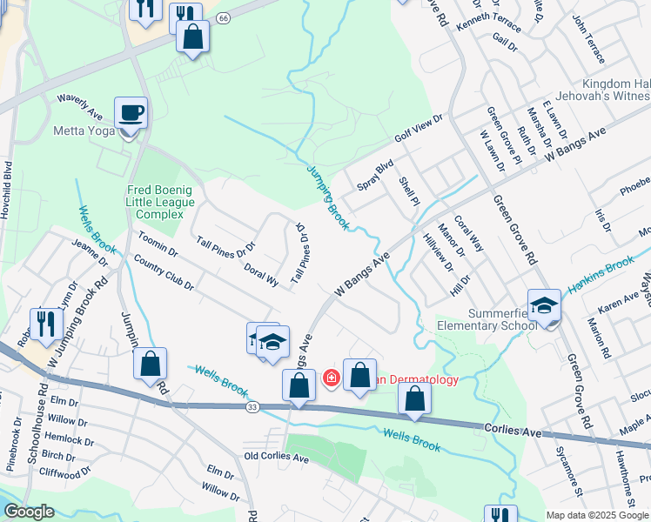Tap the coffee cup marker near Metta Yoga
click(x=131, y=113)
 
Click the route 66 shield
click(x=223, y=17)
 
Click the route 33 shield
click(x=252, y=406)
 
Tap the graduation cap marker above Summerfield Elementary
click(x=544, y=306)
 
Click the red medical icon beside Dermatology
click(x=331, y=378)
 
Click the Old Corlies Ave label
click(x=277, y=457)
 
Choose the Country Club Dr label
click(x=158, y=272)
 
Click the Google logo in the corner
click(x=29, y=512)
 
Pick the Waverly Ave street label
click(x=81, y=106)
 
